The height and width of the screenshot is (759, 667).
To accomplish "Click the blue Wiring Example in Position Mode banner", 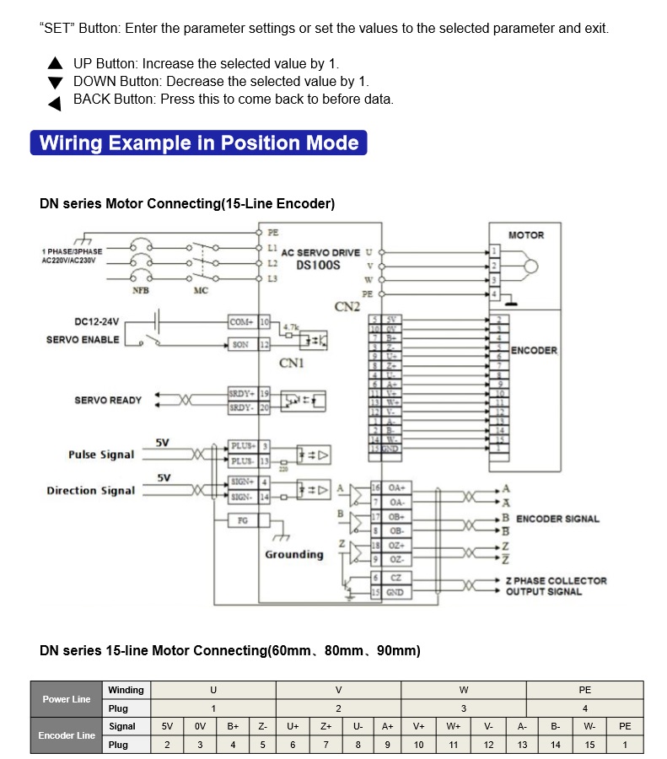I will coord(199,143).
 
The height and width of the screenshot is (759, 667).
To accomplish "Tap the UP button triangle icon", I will coord(56,63).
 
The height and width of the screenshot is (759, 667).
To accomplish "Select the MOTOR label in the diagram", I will coord(526,235).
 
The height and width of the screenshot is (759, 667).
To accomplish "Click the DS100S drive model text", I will coord(319,265).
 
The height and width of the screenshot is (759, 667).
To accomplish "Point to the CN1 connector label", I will coord(292,363).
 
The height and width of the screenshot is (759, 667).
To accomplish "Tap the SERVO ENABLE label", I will coord(83,340).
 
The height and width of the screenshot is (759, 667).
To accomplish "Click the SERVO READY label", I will coord(108,400).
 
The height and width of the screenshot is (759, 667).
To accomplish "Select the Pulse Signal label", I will coord(101,455).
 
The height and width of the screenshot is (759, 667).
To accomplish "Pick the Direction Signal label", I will coord(90,491).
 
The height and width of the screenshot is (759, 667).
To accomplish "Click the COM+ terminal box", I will coord(242,322).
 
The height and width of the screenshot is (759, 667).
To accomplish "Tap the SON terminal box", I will coord(242,344).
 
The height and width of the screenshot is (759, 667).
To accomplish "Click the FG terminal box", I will coord(242,520).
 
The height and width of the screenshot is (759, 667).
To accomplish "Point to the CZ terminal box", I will coord(395,578).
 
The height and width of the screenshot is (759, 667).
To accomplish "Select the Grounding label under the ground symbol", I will coord(294,554).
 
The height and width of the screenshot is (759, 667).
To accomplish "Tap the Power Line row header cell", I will coord(67,699).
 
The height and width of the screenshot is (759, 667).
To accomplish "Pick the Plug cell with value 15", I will coord(589,745).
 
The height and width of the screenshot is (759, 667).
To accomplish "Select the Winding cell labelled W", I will coord(464,690).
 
